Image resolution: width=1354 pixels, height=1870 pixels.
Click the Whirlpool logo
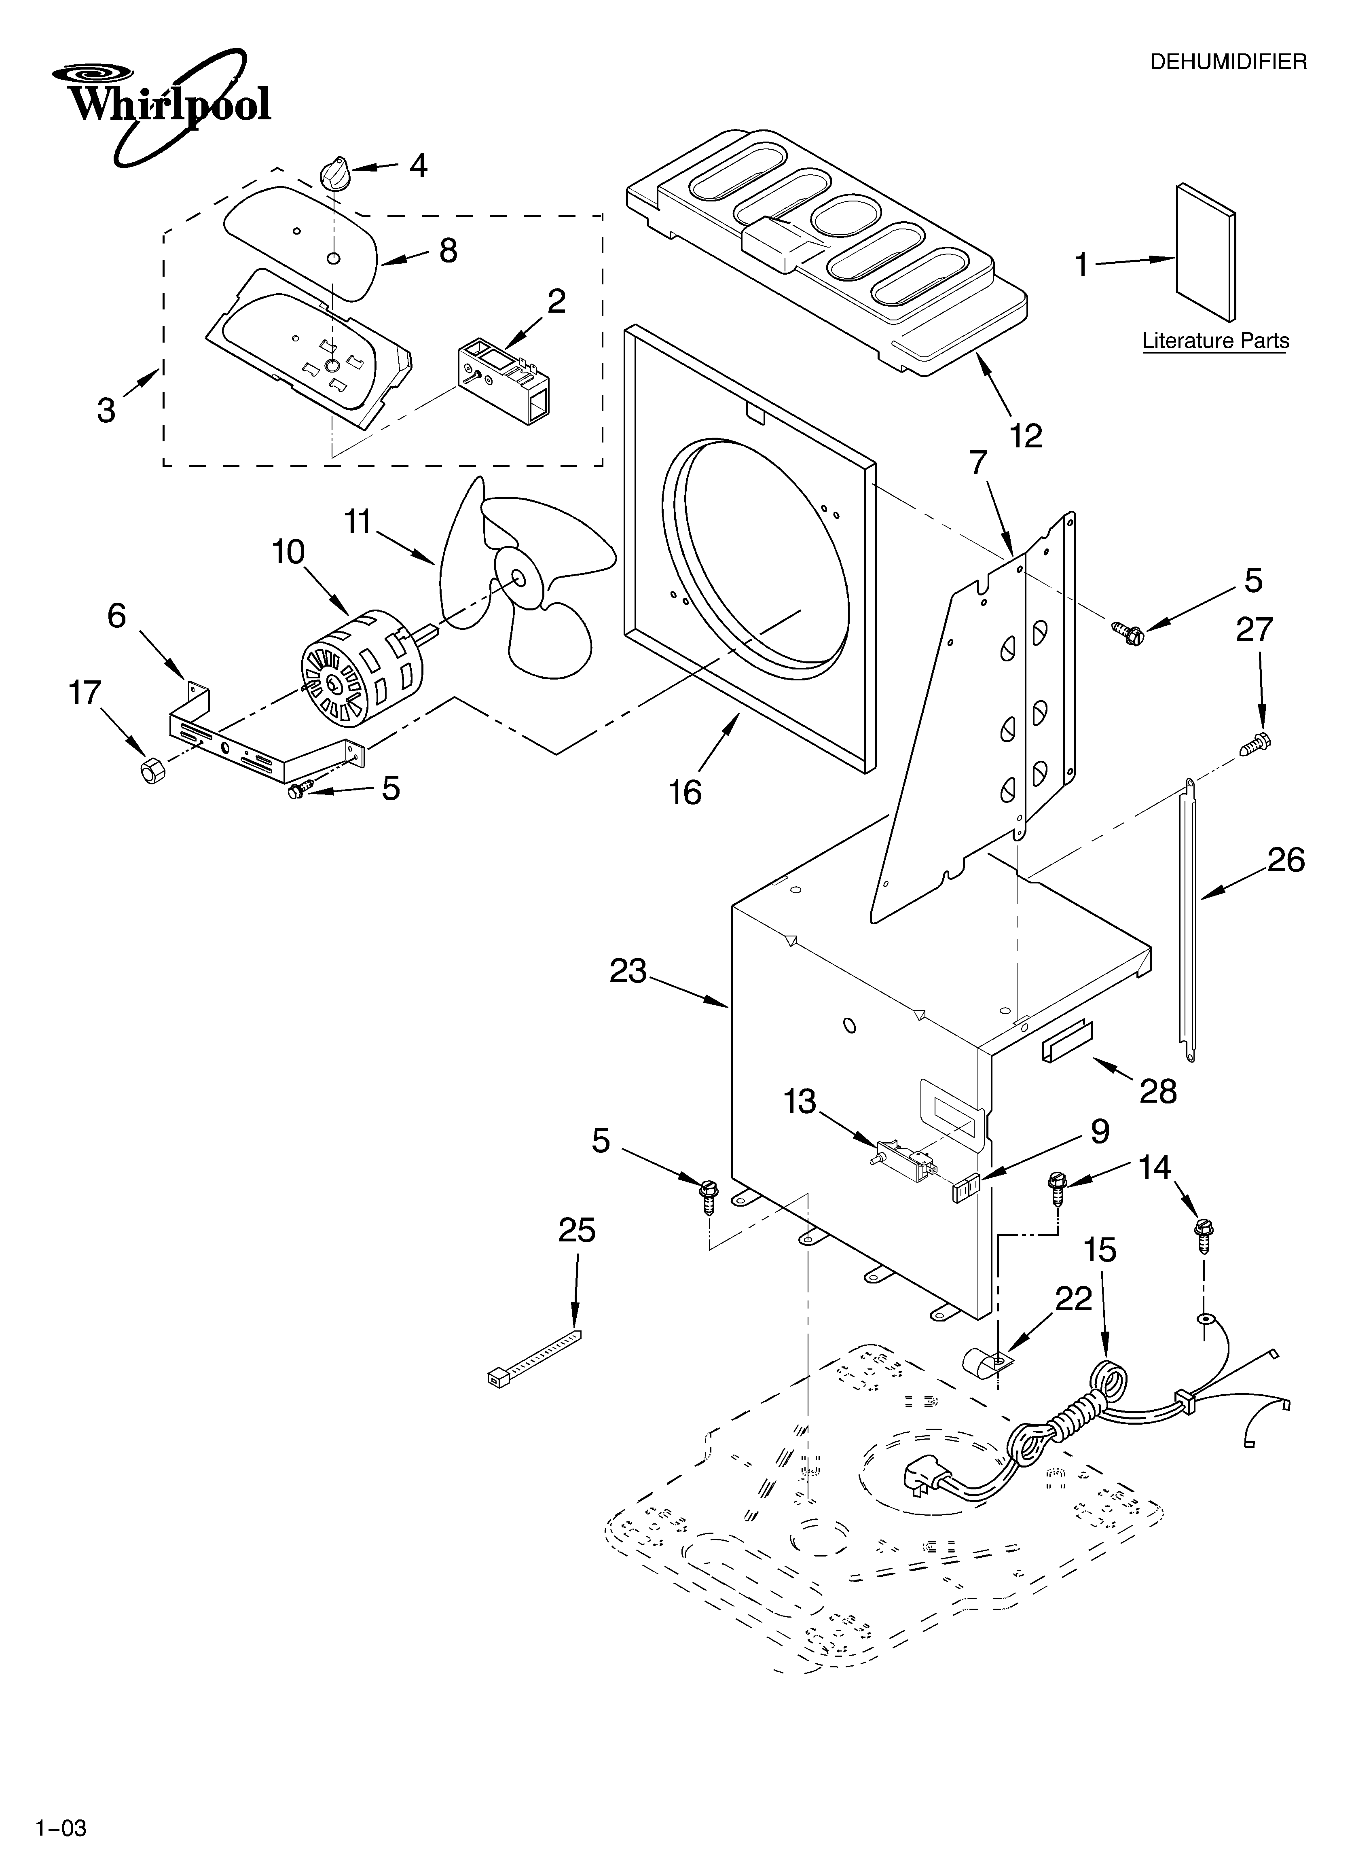pos(161,103)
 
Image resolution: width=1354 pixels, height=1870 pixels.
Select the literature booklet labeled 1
pos(1206,252)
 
